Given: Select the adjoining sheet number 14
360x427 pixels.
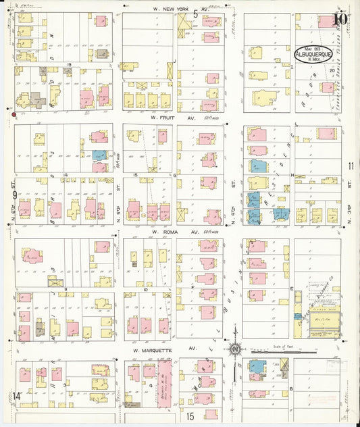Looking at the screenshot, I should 16,395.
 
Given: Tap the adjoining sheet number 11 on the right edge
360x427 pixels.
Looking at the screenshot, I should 351,166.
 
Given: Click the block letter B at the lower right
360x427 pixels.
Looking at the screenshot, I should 291,388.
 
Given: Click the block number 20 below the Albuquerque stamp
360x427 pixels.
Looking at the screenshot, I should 331,69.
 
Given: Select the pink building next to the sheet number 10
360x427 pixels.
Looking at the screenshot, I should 326,22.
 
